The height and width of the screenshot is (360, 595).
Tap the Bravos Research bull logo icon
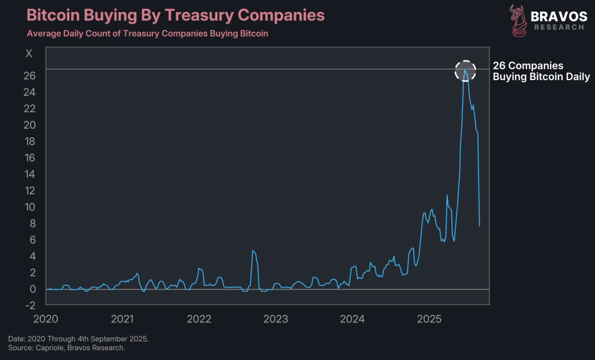[x=518, y=21]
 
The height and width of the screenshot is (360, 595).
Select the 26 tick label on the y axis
[x=29, y=76]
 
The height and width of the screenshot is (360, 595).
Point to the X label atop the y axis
[x=29, y=54]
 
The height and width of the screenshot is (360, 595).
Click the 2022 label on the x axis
[x=199, y=319]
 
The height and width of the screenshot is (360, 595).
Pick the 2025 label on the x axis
[x=429, y=319]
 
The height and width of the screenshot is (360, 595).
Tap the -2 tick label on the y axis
[x=30, y=305]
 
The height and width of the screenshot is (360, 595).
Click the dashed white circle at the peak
[x=465, y=71]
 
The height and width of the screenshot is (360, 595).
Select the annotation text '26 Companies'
[x=528, y=66]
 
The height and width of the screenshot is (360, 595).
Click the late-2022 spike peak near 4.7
[x=253, y=251]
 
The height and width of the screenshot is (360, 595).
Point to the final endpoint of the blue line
[x=480, y=226]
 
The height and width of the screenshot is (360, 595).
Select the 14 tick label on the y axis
[x=30, y=174]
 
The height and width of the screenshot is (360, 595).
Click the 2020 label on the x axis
[x=46, y=319]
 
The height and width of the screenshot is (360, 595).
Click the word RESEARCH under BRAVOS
[x=559, y=27]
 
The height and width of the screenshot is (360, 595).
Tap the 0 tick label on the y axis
[x=33, y=289]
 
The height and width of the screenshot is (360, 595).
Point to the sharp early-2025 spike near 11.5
[x=447, y=195]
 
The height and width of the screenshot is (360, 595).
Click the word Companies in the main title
[x=281, y=15]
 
